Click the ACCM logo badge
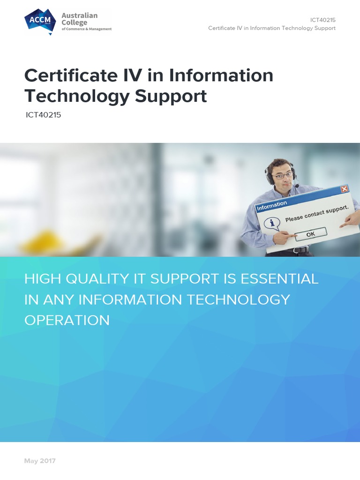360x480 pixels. pos(40,22)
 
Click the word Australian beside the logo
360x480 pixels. pos(80,15)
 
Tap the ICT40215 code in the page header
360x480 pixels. pos(322,20)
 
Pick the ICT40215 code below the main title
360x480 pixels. pos(44,114)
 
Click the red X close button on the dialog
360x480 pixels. pos(345,189)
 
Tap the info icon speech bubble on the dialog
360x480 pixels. pos(271,223)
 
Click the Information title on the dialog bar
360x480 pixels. pos(272,204)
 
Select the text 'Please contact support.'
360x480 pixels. pos(317,212)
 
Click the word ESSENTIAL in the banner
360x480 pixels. pos(279,279)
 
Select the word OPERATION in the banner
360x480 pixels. pos(67,320)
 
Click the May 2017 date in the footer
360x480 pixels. pos(40,461)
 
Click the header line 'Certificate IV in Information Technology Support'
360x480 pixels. pos(272,28)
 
